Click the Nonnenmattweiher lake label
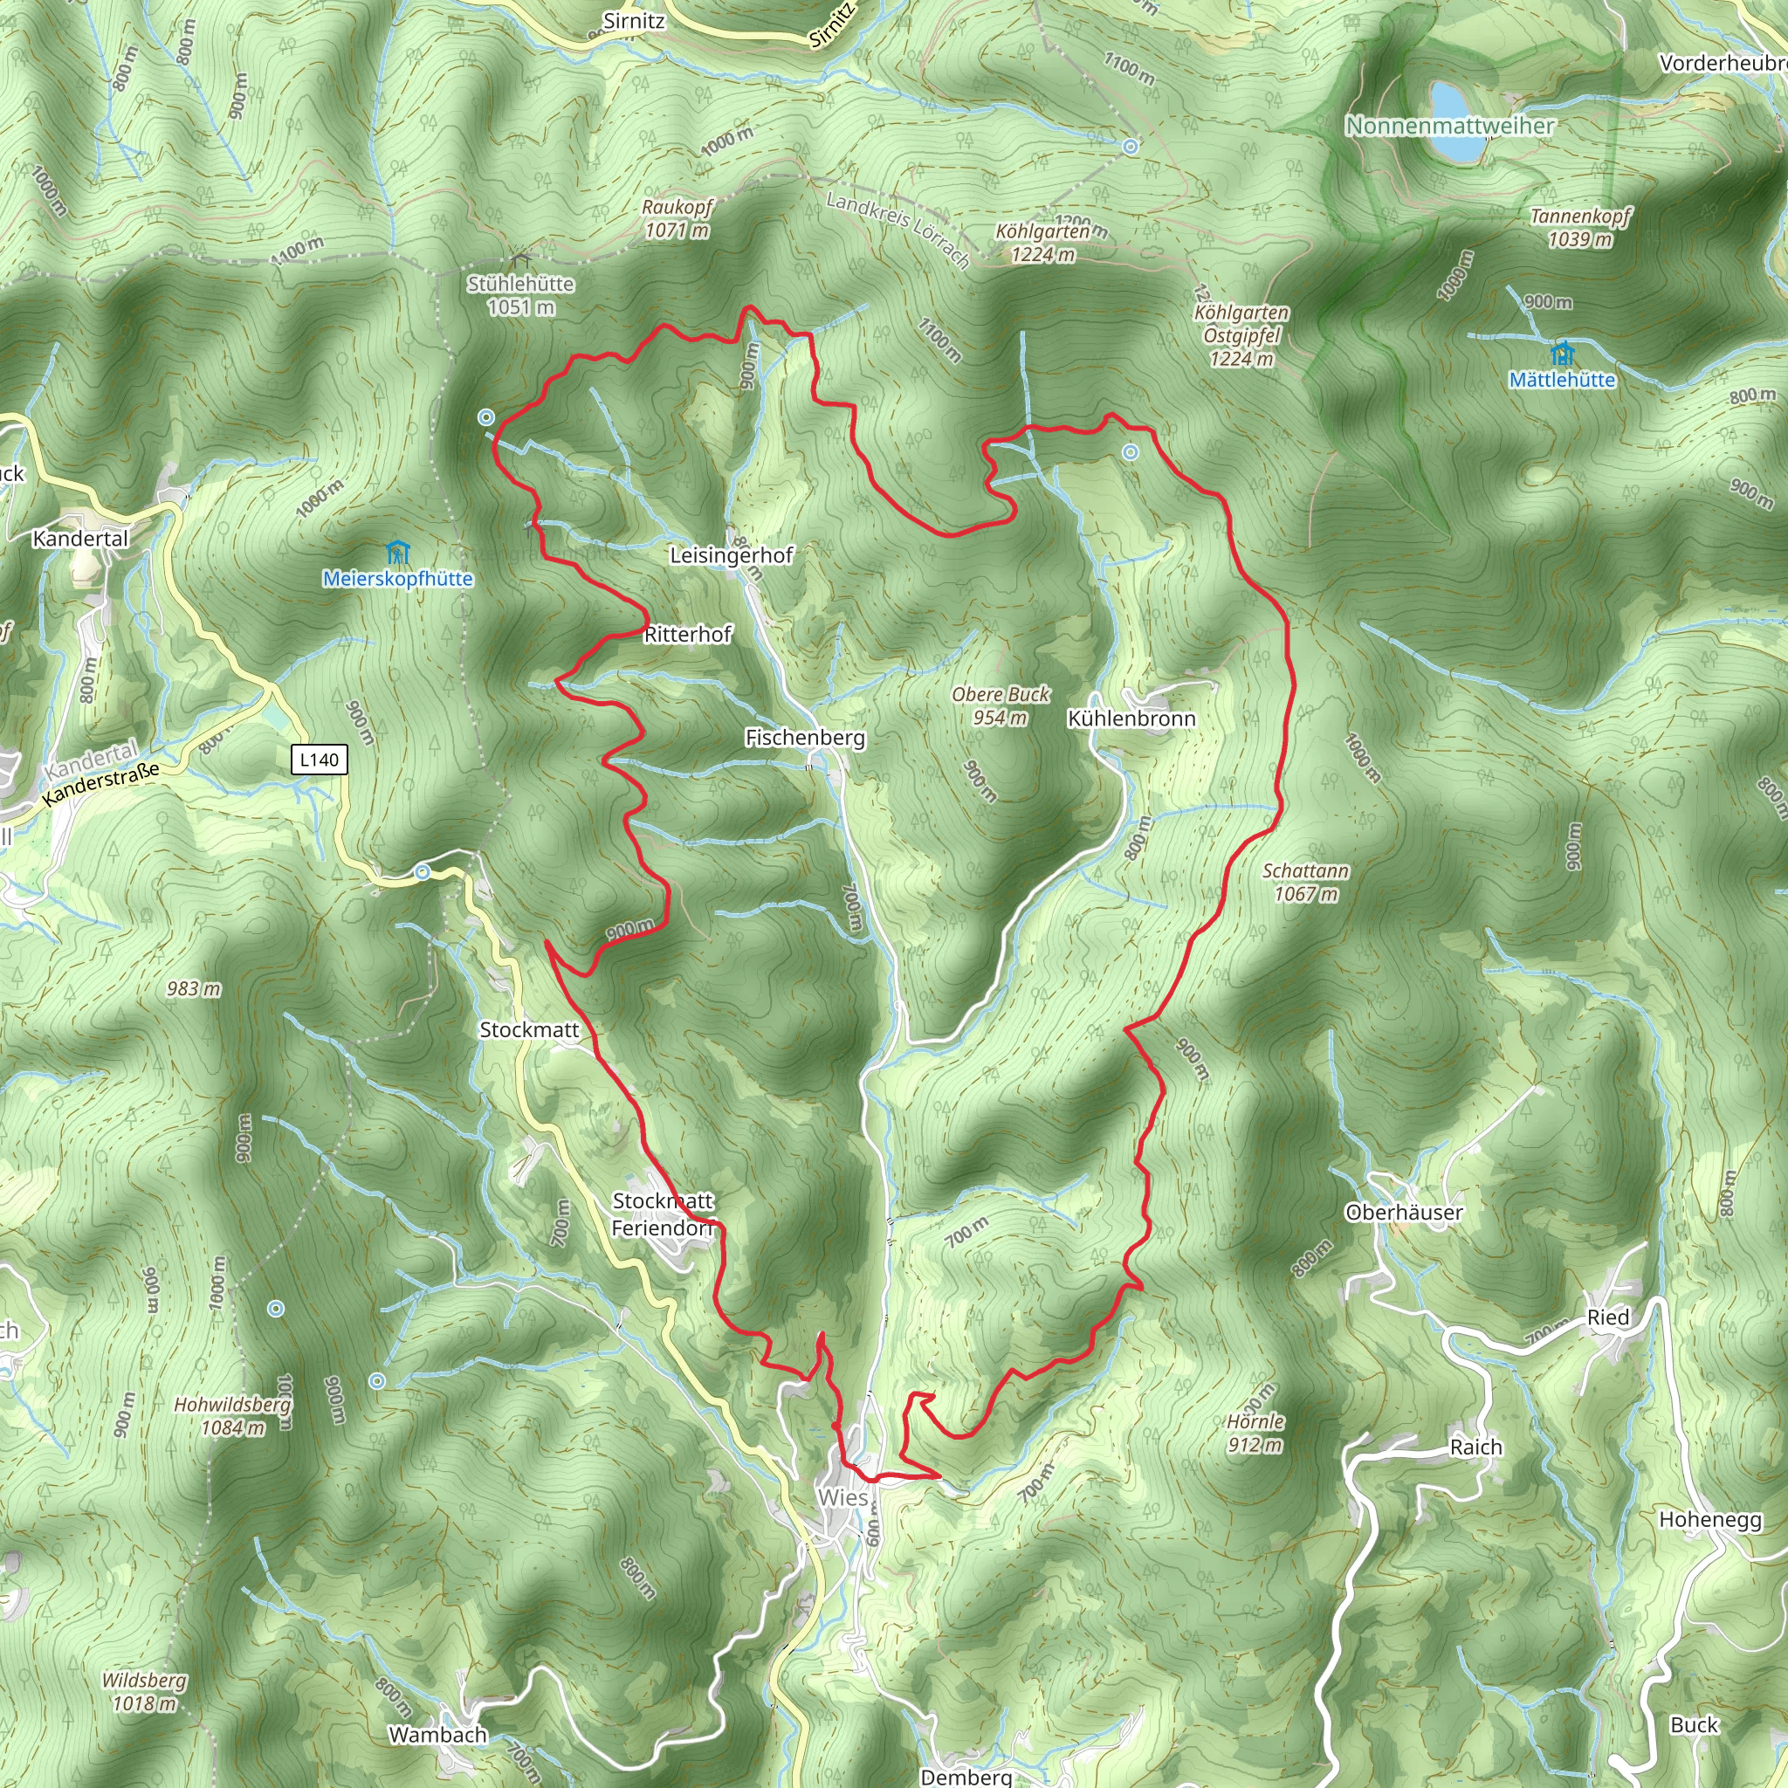point(1449,125)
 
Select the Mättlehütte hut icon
point(1562,354)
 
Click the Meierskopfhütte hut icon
point(398,554)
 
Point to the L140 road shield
point(320,760)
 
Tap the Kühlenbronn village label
point(1131,719)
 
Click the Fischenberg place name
point(805,738)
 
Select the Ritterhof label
point(688,634)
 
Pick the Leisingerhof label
point(731,555)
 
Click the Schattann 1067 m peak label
point(1305,882)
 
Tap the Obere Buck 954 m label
point(1001,705)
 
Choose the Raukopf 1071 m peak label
point(677,218)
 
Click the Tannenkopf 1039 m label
point(1579,228)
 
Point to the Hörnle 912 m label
point(1255,1433)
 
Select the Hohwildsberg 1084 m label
point(233,1416)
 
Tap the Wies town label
point(842,1497)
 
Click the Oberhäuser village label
point(1404,1213)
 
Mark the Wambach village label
point(437,1735)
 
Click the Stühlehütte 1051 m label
point(520,294)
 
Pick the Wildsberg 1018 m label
point(144,1691)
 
